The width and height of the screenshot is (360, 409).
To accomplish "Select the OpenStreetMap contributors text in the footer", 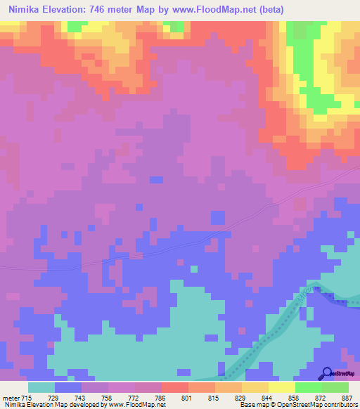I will pyautogui.click(x=320, y=405).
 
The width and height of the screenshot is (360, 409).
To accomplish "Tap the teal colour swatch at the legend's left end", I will pyautogui.click(x=41, y=387).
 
